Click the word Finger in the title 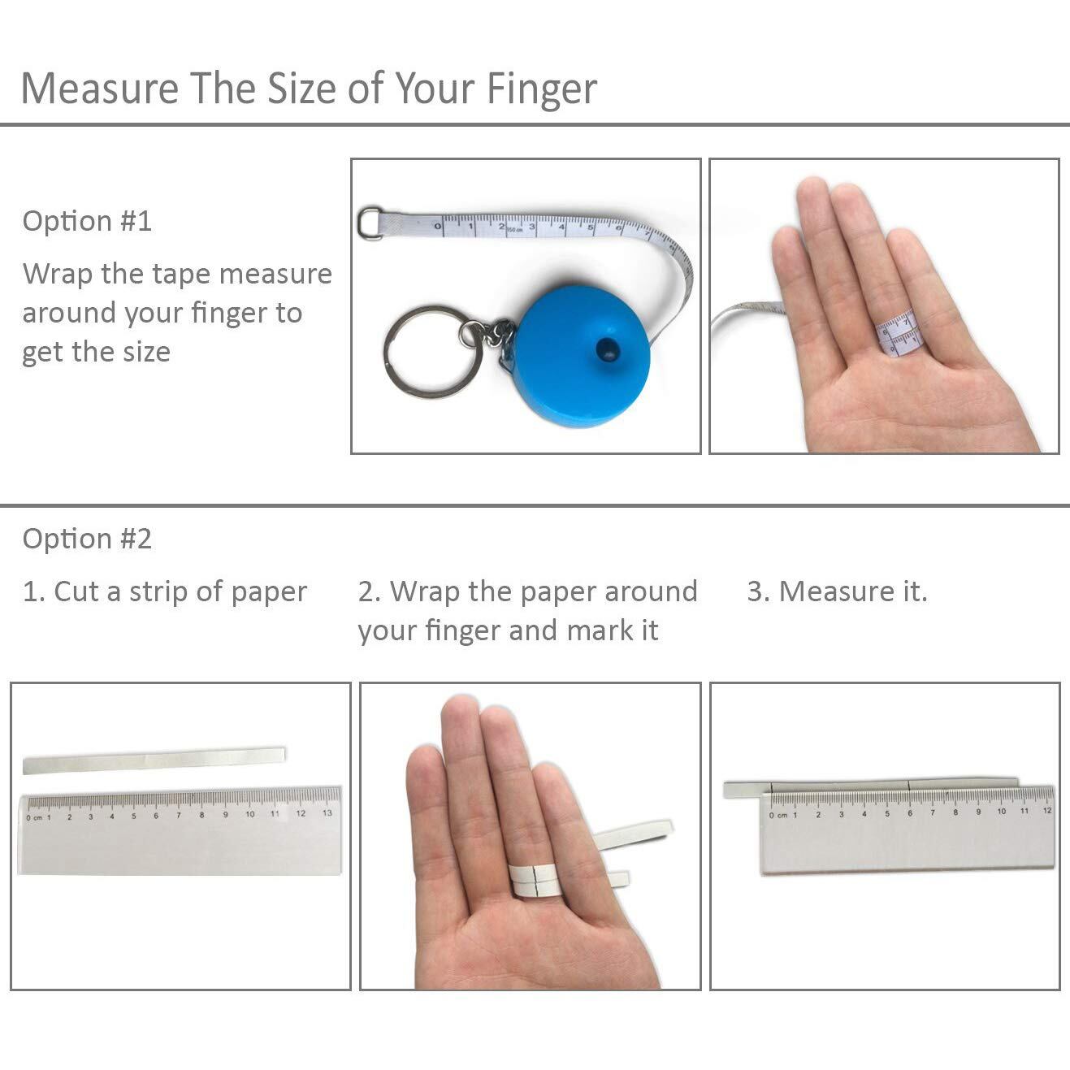coord(541,89)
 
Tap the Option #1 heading coord(87,221)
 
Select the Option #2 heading coord(87,539)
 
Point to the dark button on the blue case coord(607,349)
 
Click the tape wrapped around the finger coord(898,332)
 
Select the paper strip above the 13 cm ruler coord(154,760)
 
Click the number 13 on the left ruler coord(327,812)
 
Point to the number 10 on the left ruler coord(250,814)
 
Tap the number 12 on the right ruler coord(1046,811)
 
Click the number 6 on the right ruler coord(909,813)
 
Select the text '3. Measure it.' coord(837,591)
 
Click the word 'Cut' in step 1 coord(78,591)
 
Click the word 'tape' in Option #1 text coord(181,275)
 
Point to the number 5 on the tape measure coord(590,227)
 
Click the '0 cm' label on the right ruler coord(778,815)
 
